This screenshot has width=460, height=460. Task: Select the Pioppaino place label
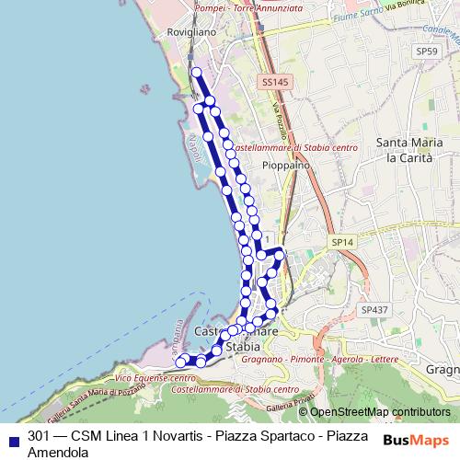coord(285,165)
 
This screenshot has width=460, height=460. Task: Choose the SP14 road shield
coord(342,241)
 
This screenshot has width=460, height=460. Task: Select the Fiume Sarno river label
coord(353,17)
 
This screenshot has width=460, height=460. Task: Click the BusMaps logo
coord(417,440)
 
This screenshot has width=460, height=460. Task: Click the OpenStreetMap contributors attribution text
coord(380,412)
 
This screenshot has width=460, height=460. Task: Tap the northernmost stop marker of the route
coord(195,72)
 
